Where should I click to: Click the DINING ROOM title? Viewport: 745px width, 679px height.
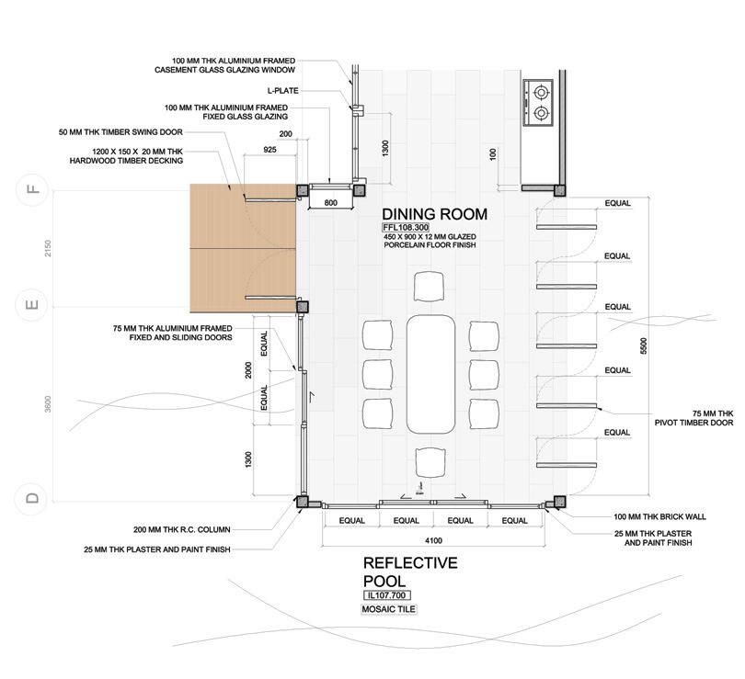(434, 214)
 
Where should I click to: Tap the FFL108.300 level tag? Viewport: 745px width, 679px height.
(406, 227)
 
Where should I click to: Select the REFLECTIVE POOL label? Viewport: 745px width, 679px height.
(410, 571)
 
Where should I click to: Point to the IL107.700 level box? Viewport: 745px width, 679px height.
(386, 595)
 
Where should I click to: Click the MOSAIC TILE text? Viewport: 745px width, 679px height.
(389, 609)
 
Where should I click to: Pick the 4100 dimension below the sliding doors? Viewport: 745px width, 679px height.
(433, 540)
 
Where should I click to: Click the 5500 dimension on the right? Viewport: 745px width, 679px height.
(644, 345)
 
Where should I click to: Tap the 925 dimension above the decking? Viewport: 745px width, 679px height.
(269, 150)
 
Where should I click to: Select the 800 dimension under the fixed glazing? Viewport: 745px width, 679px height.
(331, 203)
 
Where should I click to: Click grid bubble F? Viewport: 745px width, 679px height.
(33, 190)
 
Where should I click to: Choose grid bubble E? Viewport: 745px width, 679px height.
(33, 305)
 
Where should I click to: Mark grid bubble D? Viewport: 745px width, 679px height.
(33, 498)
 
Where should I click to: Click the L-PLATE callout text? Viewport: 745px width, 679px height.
(282, 91)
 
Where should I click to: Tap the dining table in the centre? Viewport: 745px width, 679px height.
(430, 374)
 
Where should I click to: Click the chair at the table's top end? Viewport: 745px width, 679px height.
(429, 286)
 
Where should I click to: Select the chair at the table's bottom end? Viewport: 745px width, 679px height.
(430, 462)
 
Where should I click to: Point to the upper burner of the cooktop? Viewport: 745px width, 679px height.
(541, 92)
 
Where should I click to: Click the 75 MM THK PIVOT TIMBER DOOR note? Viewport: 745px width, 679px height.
(694, 418)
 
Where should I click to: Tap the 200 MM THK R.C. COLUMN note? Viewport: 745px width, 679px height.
(182, 529)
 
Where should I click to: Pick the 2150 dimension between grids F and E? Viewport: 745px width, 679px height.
(48, 248)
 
